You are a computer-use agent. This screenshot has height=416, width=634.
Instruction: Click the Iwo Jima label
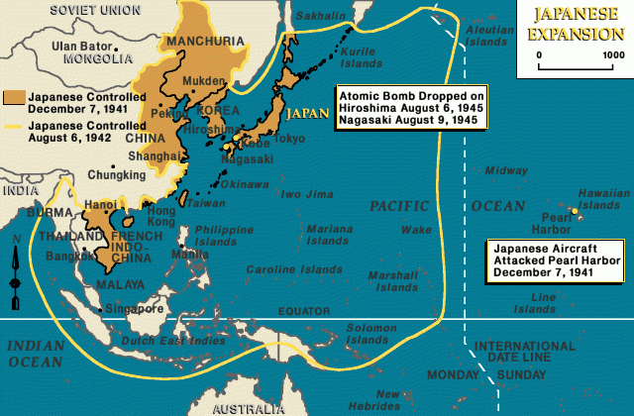(304, 194)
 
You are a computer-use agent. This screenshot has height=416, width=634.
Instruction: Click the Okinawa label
(245, 184)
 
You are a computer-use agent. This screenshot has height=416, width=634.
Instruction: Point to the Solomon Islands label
(371, 334)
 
